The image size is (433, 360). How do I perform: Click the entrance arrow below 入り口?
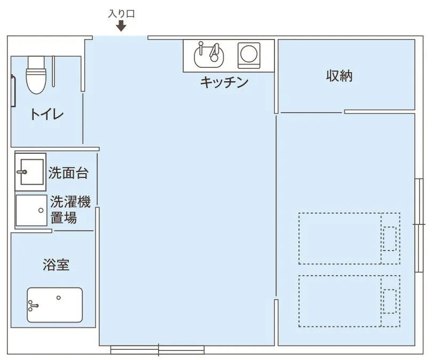[x=121, y=26]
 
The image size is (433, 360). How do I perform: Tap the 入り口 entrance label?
[x=121, y=13]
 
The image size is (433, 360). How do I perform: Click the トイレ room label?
[x=47, y=114]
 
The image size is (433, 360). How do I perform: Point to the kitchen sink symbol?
[x=209, y=54]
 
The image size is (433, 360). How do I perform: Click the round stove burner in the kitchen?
[x=248, y=54]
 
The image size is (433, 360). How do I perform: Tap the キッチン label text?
[x=224, y=82]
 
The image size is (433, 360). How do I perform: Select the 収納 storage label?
[x=340, y=76]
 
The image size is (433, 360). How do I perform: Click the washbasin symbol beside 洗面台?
[x=29, y=171]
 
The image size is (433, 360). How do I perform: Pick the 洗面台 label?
[x=68, y=173]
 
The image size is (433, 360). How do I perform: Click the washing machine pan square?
[x=31, y=210]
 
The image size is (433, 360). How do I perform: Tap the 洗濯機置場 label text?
[x=70, y=210]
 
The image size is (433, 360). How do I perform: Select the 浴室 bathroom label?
[x=56, y=264]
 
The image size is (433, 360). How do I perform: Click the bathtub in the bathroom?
[x=55, y=305]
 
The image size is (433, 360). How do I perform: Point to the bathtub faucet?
[x=33, y=306]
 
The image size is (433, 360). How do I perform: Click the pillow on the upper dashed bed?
[x=390, y=238]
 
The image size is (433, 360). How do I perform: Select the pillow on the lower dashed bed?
[x=390, y=301]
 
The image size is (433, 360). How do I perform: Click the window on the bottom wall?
[x=158, y=350]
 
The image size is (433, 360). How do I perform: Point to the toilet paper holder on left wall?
[x=12, y=90]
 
